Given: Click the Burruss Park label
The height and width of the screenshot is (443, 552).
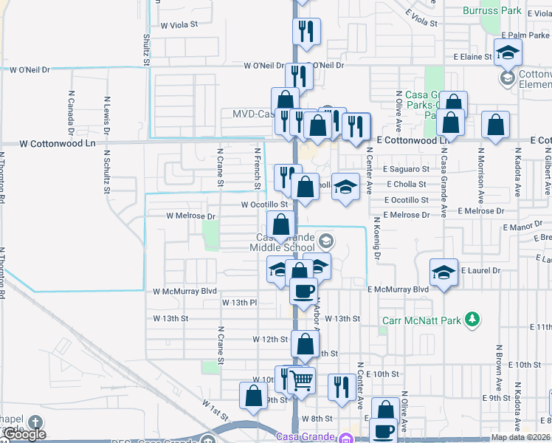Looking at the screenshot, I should pos(492,10).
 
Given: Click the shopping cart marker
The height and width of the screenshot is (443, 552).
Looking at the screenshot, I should pos(301,381).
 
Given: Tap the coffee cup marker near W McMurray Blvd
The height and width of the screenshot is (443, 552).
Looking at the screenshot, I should pos(303,290).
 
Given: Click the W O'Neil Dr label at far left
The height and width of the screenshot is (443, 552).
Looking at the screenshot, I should pos(30,69).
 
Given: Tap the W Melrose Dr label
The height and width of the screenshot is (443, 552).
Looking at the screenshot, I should pos(190,216).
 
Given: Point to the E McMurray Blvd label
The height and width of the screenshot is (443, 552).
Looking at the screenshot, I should pos(398,290).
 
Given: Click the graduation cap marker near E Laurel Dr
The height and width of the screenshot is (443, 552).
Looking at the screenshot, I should pos(444,272).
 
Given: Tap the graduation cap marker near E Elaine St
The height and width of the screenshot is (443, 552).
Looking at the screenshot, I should pos(508,52).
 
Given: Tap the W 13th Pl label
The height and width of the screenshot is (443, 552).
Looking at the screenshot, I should pos(239,303).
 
